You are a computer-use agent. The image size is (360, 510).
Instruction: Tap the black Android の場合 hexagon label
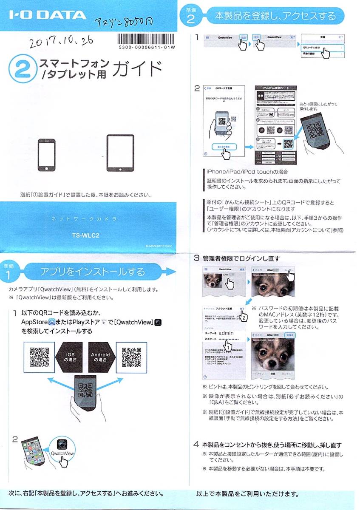100,357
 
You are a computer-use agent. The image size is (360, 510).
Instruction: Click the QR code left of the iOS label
39,357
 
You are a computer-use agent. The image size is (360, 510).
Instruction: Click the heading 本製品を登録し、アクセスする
275,17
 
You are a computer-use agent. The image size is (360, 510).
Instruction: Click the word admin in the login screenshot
226,333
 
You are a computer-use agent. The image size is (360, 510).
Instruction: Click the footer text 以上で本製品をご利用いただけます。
247,494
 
